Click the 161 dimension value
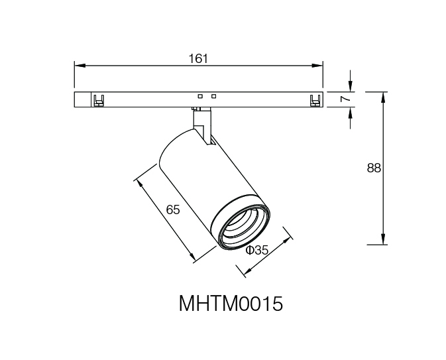click(198, 59)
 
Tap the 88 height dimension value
click(374, 168)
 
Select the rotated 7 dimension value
click(345, 99)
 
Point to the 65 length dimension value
click(173, 210)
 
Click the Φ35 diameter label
click(257, 251)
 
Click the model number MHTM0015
click(231, 304)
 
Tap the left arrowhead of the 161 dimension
click(80, 66)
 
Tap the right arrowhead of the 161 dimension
click(317, 66)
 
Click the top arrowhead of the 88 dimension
click(383, 97)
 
